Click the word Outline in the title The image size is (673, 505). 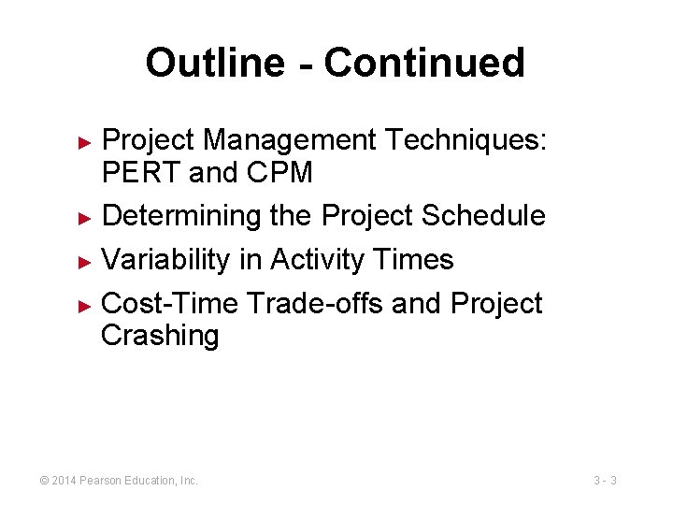click(x=214, y=63)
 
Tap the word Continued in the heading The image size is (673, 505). click(x=424, y=63)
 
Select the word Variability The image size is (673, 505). click(x=165, y=259)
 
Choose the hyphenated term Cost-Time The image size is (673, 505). click(x=170, y=303)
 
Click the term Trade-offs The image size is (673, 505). click(x=317, y=303)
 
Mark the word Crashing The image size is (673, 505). click(x=160, y=336)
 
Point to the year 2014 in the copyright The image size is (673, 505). click(x=64, y=481)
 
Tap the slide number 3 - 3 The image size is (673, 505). click(x=605, y=481)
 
